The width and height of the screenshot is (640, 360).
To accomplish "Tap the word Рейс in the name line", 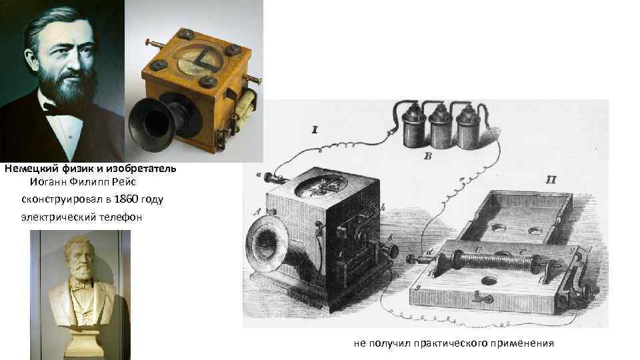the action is [x=124, y=181].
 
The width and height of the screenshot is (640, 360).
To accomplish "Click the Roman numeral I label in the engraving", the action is [x=314, y=130].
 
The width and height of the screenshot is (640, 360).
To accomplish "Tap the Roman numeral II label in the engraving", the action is [x=551, y=180].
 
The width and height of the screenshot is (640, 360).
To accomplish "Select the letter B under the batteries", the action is [x=428, y=155].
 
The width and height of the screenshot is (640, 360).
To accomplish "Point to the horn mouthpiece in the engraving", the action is [x=262, y=244].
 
